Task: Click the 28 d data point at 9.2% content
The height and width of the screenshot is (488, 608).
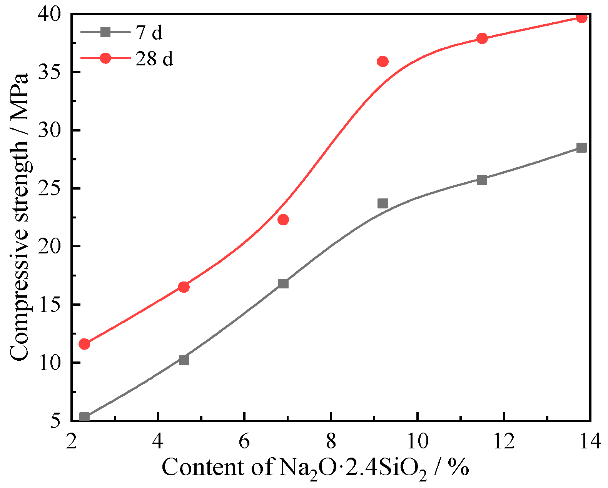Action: (x=383, y=62)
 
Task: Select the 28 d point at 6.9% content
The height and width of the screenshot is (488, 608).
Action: (x=283, y=220)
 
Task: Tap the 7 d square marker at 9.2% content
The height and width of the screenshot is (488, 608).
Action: (x=383, y=203)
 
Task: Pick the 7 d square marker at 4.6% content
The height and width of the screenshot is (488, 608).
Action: (x=184, y=360)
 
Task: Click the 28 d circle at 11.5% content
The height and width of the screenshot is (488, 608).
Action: (x=482, y=38)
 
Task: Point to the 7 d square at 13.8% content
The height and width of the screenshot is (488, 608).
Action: (x=581, y=148)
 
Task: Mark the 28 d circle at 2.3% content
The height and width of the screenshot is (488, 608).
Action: (x=84, y=344)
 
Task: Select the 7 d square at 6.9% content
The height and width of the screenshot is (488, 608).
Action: (x=283, y=283)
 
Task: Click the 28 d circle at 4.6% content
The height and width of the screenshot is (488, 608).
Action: (x=184, y=287)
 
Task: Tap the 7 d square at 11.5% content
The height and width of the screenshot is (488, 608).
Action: (x=482, y=180)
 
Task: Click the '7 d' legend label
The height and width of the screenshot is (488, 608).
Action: (x=149, y=33)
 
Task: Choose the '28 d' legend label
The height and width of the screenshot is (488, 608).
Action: (x=154, y=59)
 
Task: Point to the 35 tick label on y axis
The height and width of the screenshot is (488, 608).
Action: (x=50, y=72)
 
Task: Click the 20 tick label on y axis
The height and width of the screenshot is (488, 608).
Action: (x=50, y=246)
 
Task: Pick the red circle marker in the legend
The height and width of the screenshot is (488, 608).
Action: (x=105, y=58)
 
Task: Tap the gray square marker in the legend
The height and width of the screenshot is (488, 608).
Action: (x=105, y=32)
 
